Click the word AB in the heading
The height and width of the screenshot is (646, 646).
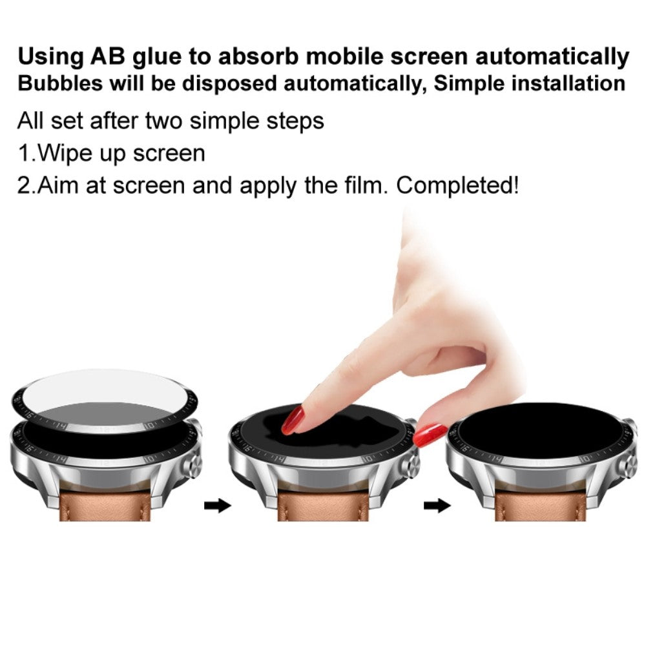click(x=108, y=56)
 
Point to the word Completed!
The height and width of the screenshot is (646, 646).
click(x=457, y=185)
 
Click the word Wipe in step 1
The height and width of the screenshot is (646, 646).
click(x=66, y=154)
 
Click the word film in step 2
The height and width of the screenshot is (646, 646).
click(x=364, y=185)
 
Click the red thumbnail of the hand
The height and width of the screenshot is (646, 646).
click(x=430, y=432)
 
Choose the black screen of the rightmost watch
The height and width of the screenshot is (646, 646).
click(x=536, y=430)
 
